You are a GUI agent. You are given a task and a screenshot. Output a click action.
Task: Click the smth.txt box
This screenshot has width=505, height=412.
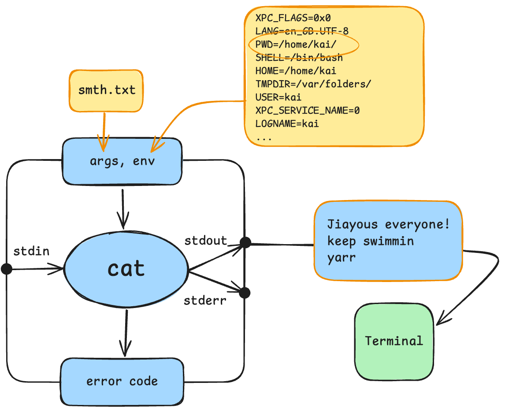[106, 90]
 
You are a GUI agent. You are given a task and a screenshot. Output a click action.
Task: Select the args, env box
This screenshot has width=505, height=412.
[122, 161]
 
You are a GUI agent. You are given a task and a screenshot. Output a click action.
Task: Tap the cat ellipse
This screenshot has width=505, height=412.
[126, 269]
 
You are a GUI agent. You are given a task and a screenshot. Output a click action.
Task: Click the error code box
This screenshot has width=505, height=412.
[122, 381]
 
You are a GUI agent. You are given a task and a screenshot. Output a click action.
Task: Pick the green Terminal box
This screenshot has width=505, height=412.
[394, 341]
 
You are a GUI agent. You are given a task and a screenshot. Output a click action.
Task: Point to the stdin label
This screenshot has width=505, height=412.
[31, 252]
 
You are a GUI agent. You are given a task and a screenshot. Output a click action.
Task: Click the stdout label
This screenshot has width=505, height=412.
[205, 241]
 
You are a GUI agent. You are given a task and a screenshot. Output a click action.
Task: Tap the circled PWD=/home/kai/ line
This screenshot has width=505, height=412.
[296, 45]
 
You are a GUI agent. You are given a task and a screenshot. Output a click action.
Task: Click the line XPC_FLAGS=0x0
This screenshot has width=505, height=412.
[293, 18]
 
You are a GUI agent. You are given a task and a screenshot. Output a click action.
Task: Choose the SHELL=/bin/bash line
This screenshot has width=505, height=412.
[299, 58]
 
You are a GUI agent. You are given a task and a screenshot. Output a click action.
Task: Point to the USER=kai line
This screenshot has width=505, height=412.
[278, 97]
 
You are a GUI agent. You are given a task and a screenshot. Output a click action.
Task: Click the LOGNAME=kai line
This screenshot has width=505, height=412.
[287, 123]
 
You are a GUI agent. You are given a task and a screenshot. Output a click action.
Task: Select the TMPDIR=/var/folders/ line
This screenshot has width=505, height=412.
[313, 84]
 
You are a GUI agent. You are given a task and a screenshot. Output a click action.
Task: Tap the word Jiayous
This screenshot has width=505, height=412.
[352, 224]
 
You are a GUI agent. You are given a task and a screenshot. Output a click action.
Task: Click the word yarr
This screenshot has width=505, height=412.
[341, 258]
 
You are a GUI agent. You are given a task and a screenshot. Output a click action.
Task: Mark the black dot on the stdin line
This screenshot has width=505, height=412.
[7, 269]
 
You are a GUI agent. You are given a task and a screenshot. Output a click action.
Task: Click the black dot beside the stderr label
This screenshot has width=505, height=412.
[245, 293]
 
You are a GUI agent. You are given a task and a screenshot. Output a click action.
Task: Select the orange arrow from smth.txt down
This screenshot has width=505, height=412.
[104, 130]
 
